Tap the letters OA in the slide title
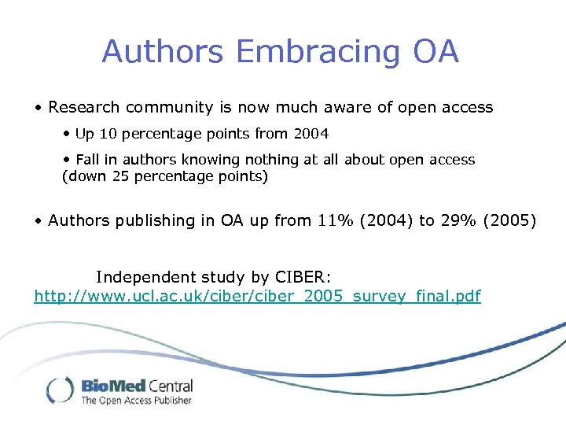(434, 52)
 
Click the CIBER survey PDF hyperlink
(257, 297)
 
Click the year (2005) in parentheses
(512, 220)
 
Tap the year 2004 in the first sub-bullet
(311, 134)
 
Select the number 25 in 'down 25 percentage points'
(120, 176)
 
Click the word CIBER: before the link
(303, 277)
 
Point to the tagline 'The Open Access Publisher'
(136, 401)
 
